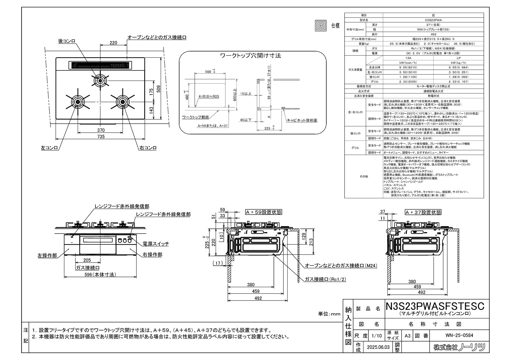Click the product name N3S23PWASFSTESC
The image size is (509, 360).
pos(435,306)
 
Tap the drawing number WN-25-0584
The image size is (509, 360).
pos(460,335)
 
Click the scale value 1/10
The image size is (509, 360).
pos(377,335)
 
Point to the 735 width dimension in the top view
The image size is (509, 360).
pos(101,137)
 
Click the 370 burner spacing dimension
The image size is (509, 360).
pos(101,130)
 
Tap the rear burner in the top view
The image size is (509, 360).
pos(100,81)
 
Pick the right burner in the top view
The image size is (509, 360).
pos(122,102)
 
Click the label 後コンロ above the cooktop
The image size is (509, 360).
pos(67,41)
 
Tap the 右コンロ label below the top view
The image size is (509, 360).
pos(148,148)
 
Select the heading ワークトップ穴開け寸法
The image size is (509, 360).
pos(251,56)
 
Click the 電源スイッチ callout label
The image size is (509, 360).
pos(156,244)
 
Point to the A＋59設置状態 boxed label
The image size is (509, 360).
pos(263,212)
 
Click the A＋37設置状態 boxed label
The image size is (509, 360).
pos(423,212)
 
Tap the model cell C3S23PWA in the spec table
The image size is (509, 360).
pos(433,20)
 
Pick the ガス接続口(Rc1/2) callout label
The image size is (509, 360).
pos(325,279)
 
